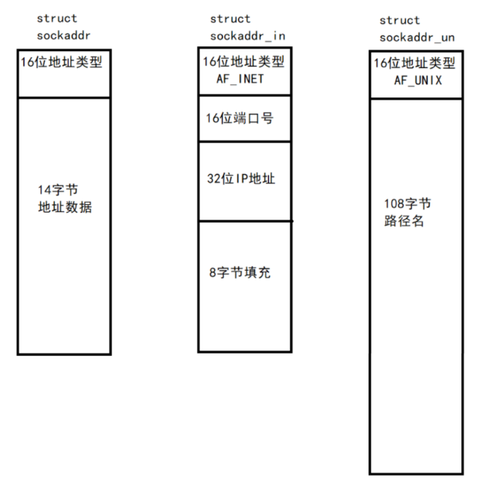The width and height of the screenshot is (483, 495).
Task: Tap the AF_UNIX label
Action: coord(417,80)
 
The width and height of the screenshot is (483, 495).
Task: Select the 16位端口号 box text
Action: coord(238,119)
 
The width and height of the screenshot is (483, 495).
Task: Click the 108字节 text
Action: coord(407,204)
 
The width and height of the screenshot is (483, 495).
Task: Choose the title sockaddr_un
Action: coord(416,37)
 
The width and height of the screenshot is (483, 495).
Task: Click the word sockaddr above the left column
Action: coord(63,35)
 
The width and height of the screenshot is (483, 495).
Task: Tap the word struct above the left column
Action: coord(56,18)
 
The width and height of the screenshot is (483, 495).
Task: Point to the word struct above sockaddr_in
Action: coord(230,19)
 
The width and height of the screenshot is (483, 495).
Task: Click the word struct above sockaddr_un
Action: coord(400,20)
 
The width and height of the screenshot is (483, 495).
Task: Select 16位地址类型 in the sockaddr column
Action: coord(60,62)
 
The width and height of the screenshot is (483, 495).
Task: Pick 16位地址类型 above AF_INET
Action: coord(243,62)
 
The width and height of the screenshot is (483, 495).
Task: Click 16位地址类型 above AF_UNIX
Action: coord(416,64)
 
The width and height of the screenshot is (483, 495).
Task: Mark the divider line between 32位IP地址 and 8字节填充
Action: coord(245,221)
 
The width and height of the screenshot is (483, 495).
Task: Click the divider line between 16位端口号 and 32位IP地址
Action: coord(245,142)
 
